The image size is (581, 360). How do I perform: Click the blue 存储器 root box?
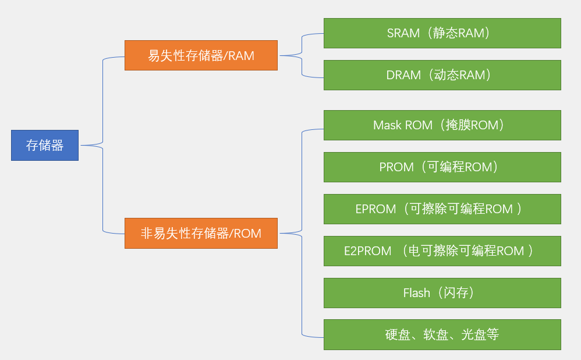(45, 145)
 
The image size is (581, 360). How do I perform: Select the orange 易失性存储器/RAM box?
(201, 55)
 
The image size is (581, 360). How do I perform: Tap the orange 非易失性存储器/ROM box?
(201, 234)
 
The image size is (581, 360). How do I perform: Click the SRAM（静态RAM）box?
(442, 33)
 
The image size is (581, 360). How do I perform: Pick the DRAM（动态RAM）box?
(442, 75)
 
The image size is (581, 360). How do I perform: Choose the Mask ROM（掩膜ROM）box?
(442, 125)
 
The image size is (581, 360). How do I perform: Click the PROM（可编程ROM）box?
(442, 167)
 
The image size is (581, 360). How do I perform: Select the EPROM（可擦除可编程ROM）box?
(442, 209)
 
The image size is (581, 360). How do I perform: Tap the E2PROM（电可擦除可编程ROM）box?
(442, 251)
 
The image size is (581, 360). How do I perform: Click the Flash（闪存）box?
(442, 293)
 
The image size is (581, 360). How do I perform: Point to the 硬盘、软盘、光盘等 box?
(442, 335)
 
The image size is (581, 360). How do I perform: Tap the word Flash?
(416, 293)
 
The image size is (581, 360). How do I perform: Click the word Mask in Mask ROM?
(387, 125)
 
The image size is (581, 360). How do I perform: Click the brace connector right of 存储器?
(102, 145)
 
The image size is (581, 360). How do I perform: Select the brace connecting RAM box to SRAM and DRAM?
(302, 55)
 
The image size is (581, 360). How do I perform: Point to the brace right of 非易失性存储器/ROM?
(302, 234)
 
